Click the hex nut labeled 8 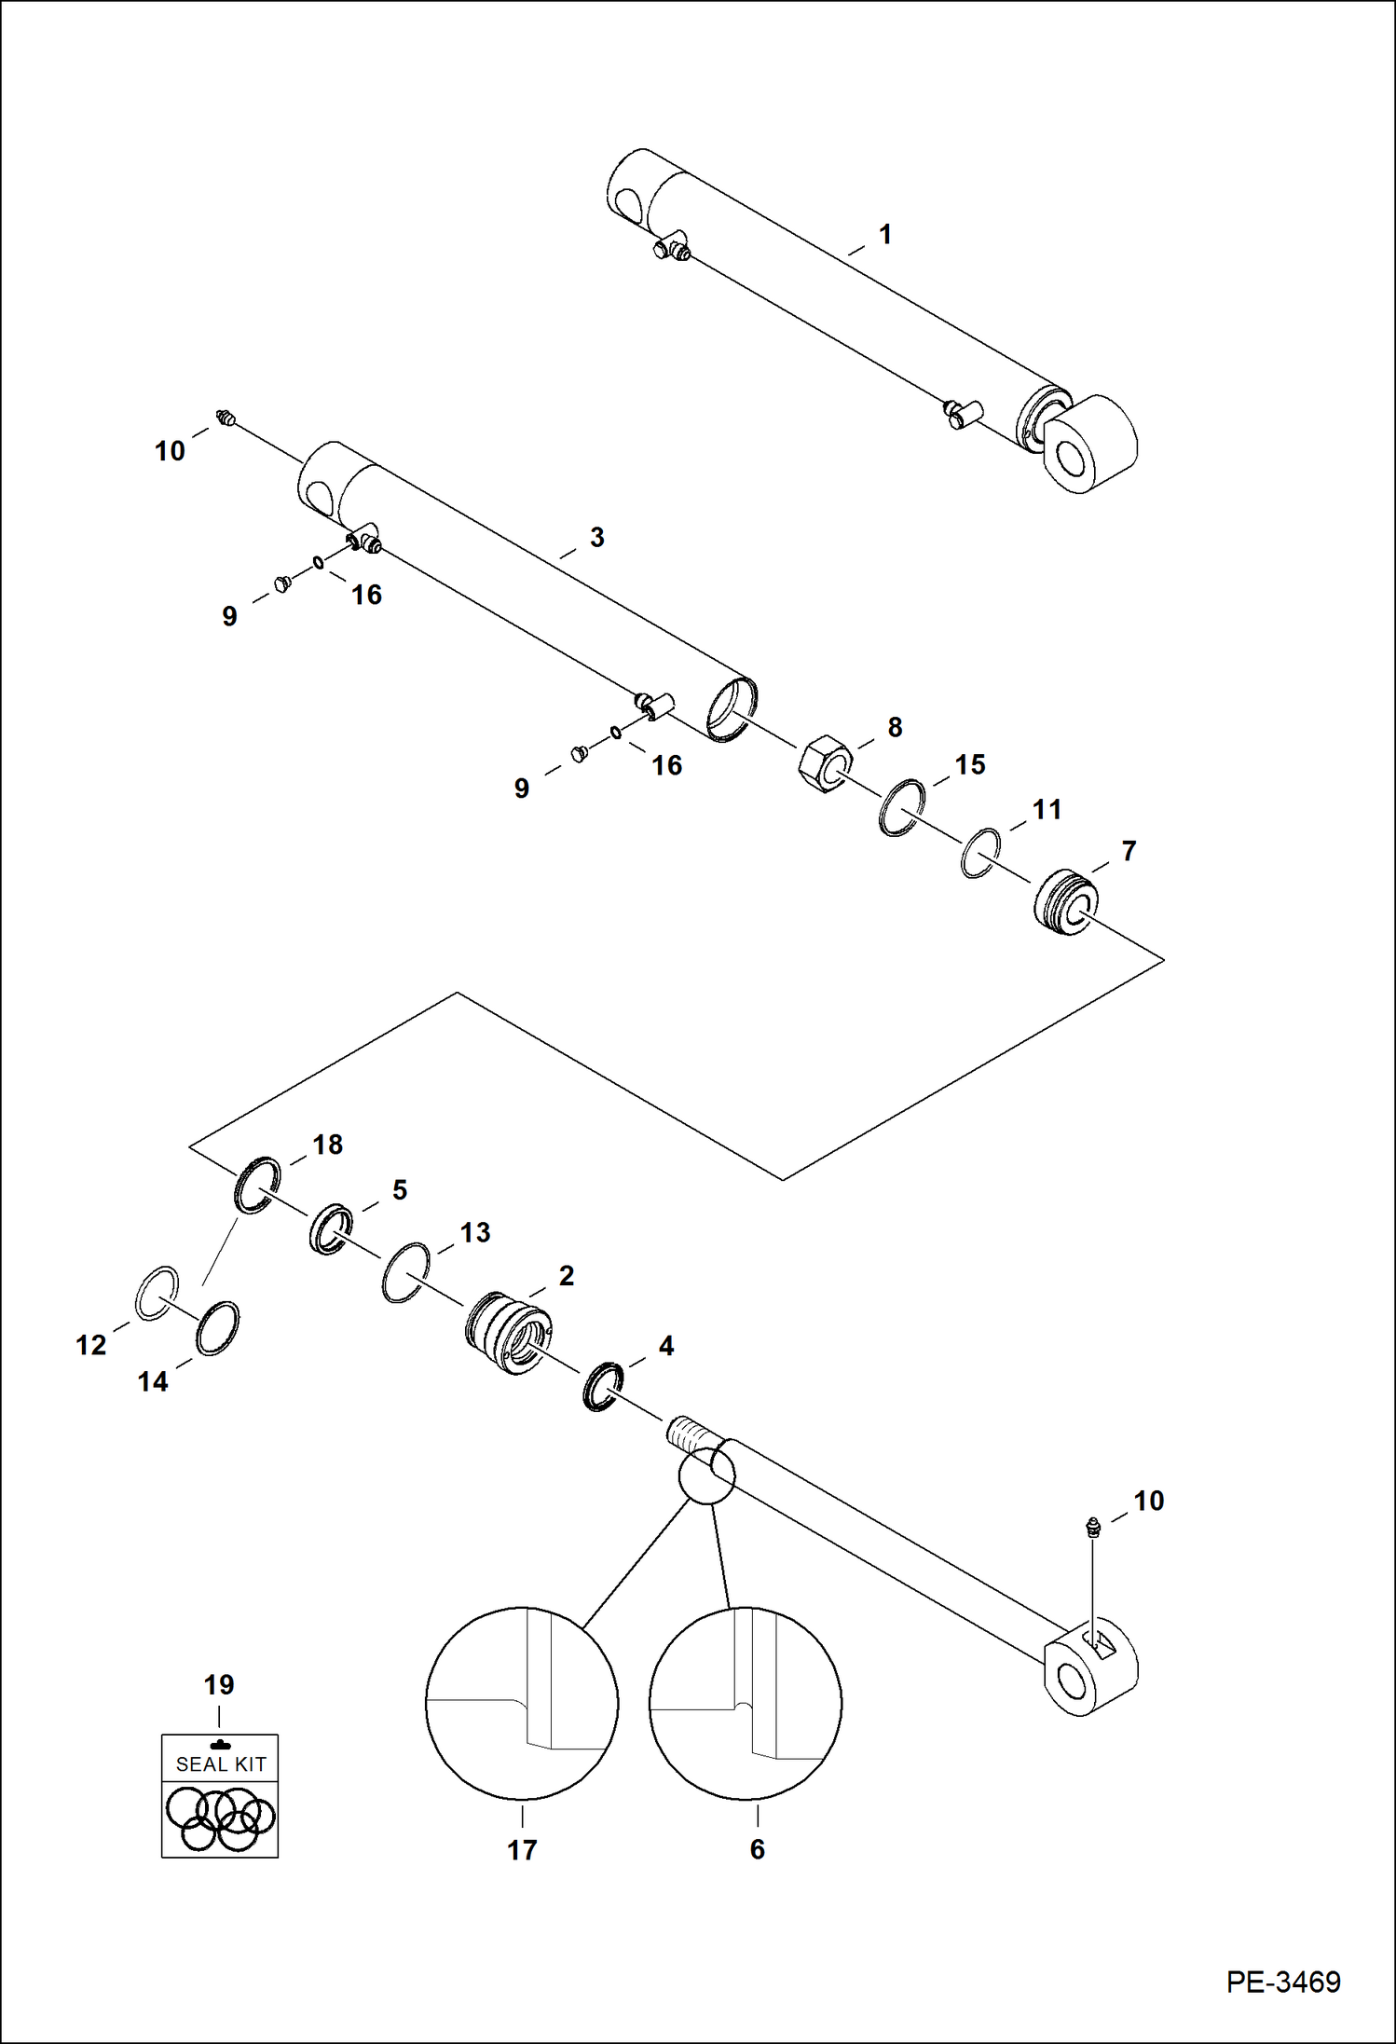tap(825, 763)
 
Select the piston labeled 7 tap(1066, 902)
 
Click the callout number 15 tap(969, 764)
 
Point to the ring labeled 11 tap(981, 852)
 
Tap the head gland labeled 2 tap(509, 1333)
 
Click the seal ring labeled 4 tap(603, 1386)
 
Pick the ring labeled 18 tap(257, 1185)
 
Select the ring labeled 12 tap(157, 1293)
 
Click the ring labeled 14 tap(217, 1327)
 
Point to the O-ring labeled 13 tap(406, 1272)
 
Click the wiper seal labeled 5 tap(331, 1229)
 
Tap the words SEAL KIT tap(221, 1763)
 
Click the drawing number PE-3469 tap(1282, 1981)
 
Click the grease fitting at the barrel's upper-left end tap(224, 418)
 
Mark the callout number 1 tap(885, 234)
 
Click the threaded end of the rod tap(686, 1432)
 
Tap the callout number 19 tap(219, 1684)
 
